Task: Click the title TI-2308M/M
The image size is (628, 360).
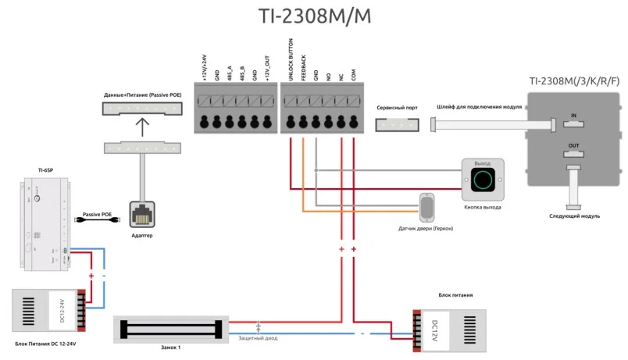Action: [315, 18]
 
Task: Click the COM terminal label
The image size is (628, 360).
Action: [354, 75]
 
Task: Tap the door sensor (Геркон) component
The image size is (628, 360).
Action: [426, 208]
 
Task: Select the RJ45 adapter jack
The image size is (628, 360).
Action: [142, 213]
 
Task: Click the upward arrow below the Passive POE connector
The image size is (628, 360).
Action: [141, 125]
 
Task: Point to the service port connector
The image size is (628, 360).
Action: [396, 124]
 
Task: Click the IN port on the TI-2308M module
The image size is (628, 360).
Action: [574, 123]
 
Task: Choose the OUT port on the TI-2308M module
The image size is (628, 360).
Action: [574, 153]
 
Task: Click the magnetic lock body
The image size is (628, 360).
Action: [172, 329]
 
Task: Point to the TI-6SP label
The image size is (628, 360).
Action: [45, 169]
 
